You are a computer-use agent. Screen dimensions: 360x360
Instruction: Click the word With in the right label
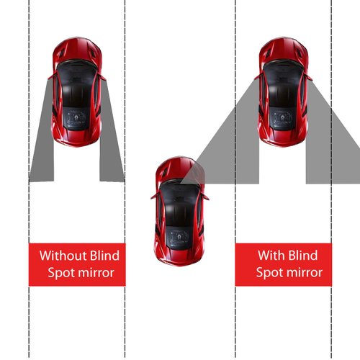(271, 255)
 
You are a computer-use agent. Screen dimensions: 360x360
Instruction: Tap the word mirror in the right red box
(303, 273)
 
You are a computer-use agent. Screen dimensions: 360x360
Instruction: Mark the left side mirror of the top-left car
(51, 74)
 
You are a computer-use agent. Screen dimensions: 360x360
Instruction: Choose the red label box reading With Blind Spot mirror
(287, 264)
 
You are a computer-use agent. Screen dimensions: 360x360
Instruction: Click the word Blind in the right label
(304, 255)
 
